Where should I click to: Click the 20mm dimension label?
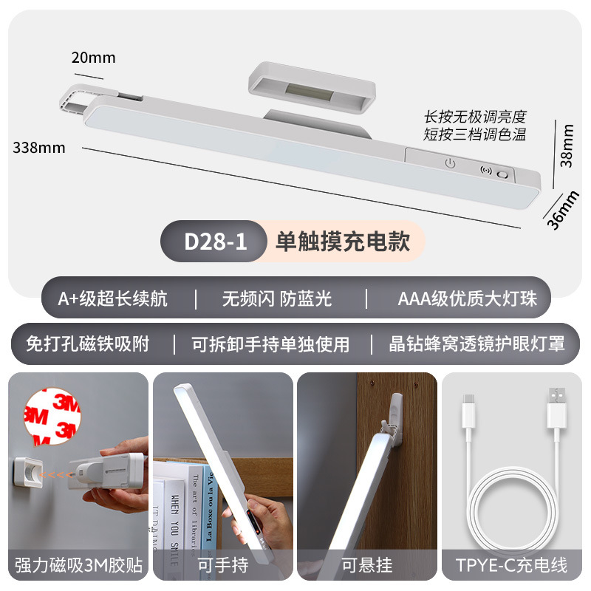pyautogui.click(x=93, y=57)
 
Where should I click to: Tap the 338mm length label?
pyautogui.click(x=39, y=147)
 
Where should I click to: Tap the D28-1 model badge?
pyautogui.click(x=214, y=241)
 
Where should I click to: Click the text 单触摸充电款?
pyautogui.click(x=343, y=241)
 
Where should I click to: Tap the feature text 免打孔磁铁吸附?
pyautogui.click(x=88, y=344)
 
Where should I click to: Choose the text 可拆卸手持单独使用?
pyautogui.click(x=270, y=344)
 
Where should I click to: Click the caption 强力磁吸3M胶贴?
pyautogui.click(x=78, y=566)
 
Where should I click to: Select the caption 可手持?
pyautogui.click(x=222, y=566)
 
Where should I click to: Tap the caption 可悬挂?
pyautogui.click(x=367, y=566)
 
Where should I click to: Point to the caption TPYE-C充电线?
pyautogui.click(x=512, y=566)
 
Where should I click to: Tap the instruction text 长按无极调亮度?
pyautogui.click(x=474, y=117)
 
